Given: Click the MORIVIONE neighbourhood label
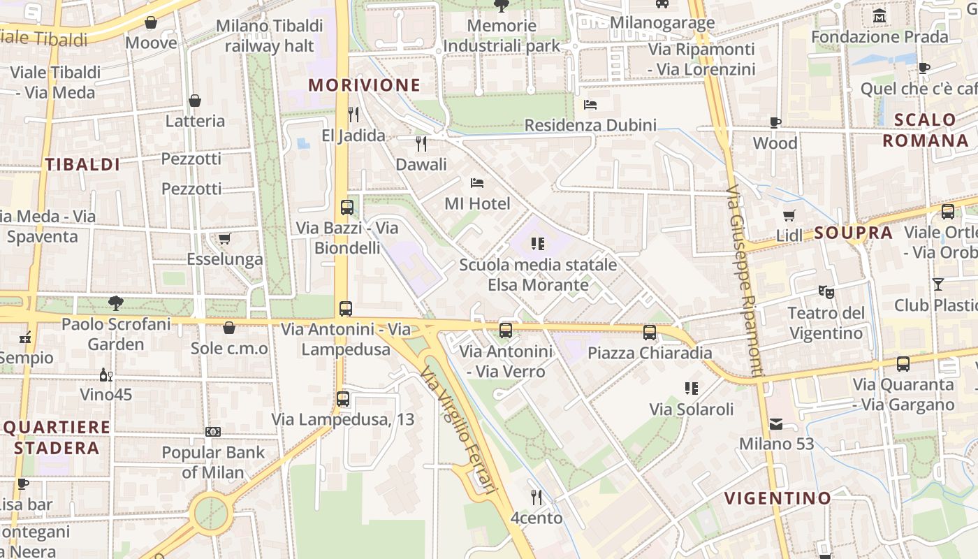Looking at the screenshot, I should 364,85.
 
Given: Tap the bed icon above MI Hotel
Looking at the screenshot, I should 477,183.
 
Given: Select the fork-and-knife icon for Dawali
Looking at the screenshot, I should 421,144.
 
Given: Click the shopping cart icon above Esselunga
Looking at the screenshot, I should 224,239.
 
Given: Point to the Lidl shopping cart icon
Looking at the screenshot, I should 789,215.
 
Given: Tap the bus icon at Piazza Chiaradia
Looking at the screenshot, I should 650,333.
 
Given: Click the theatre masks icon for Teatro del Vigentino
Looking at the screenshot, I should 826,292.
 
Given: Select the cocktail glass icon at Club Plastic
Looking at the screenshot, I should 937,284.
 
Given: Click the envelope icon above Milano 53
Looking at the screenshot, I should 776,423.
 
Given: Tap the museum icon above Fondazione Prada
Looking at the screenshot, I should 880,15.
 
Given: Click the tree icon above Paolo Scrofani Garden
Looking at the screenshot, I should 116,303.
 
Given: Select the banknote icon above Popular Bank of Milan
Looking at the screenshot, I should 213,432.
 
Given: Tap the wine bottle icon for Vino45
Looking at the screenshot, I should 105,375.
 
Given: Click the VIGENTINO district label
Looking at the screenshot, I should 778,498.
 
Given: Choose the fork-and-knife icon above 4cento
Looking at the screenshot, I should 537,498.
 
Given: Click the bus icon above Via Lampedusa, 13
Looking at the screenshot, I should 342,399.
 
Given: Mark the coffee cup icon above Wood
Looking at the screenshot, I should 775,123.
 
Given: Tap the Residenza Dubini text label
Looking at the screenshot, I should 590,125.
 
